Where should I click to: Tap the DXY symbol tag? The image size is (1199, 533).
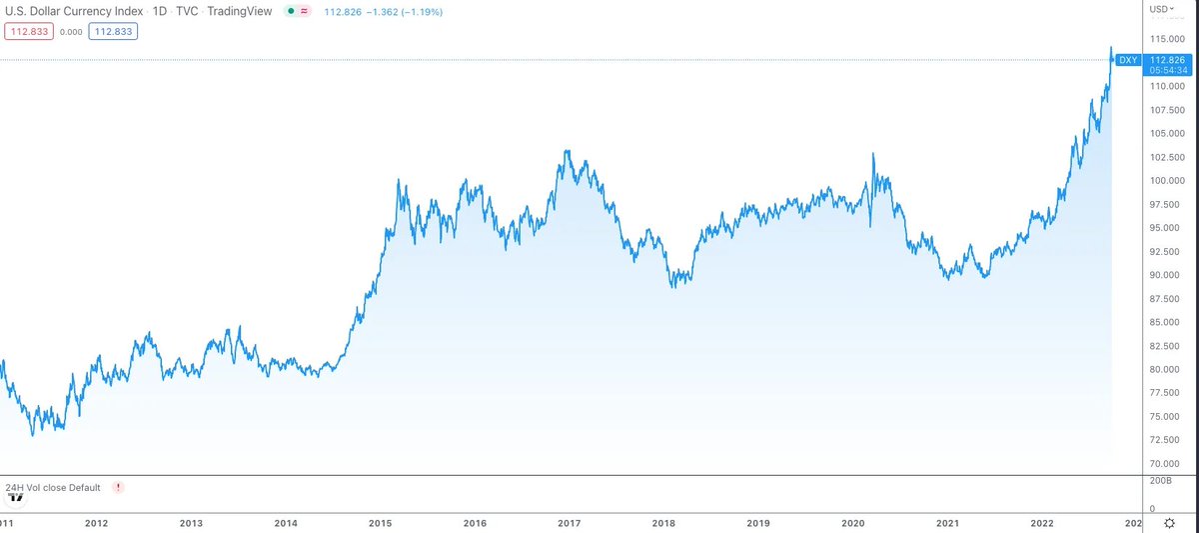[x=1128, y=60]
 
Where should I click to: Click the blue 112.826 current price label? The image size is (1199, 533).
[x=1167, y=60]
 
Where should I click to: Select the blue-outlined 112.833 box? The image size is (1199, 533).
[x=112, y=31]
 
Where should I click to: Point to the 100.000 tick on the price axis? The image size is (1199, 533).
[x=1166, y=181]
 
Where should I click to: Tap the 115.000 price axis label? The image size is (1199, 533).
[x=1166, y=39]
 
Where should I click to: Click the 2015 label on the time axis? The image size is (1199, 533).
[x=381, y=523]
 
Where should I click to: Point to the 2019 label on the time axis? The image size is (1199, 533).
[x=758, y=523]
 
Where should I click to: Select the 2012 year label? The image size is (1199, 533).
[x=97, y=523]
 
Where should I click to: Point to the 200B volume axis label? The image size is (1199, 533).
[x=1161, y=482]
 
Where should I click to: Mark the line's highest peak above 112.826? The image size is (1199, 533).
[x=1111, y=47]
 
